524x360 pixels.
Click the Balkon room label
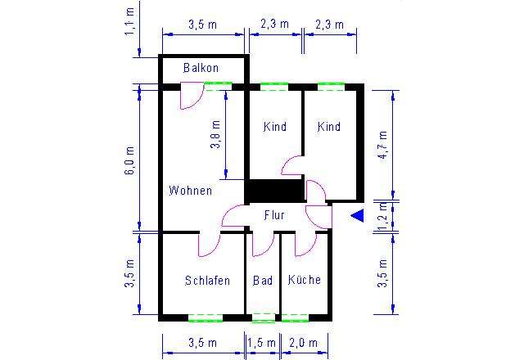[x=201, y=68]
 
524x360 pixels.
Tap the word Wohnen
[x=190, y=191]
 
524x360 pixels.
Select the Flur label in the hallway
[x=274, y=215]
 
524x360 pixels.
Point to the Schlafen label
[x=207, y=280]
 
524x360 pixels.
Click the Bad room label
[x=263, y=280]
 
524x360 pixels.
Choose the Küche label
[x=304, y=280]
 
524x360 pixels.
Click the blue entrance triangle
[x=357, y=215]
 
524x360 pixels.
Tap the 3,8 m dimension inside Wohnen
[x=215, y=135]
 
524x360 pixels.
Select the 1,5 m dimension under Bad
[x=263, y=342]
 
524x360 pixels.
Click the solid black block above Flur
[x=274, y=191]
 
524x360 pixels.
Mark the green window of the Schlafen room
[x=205, y=317]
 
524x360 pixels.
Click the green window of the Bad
[x=263, y=317]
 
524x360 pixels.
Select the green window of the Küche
[x=295, y=317]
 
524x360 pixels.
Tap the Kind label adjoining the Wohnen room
[x=275, y=127]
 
